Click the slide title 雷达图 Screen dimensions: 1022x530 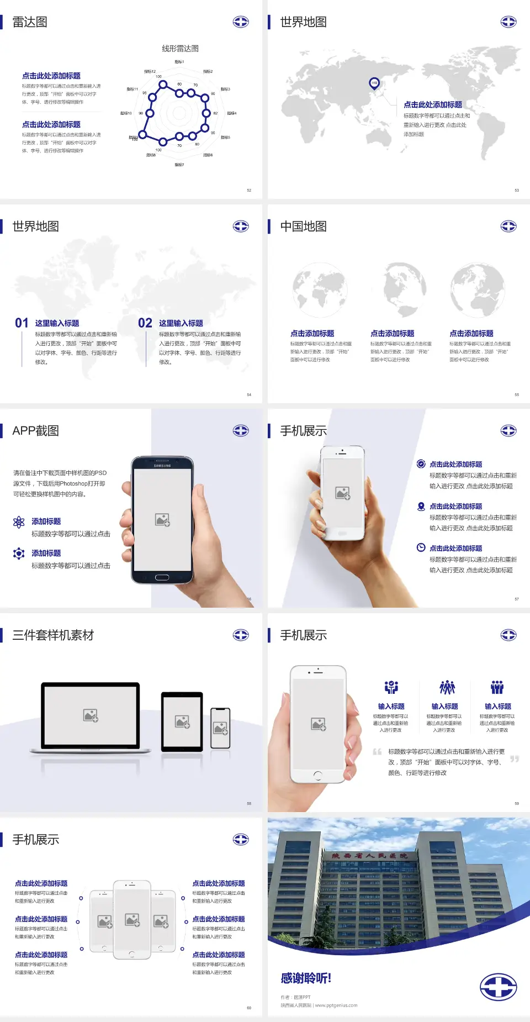click(30, 22)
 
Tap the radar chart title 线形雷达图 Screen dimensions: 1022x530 click(180, 49)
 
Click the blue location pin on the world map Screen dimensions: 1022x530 click(374, 83)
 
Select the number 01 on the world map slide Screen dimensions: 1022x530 click(22, 323)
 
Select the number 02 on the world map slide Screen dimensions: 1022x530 click(145, 323)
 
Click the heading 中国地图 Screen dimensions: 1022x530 click(303, 226)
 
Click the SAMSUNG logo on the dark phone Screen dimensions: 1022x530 click(162, 466)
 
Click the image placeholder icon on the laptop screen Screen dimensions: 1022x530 click(91, 715)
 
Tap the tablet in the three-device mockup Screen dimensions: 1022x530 click(182, 721)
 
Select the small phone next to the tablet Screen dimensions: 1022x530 click(220, 728)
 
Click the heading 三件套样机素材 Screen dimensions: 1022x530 click(53, 635)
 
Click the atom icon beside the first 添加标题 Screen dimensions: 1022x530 click(19, 522)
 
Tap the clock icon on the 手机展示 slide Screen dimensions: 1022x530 click(421, 547)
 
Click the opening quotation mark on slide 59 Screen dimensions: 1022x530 click(377, 752)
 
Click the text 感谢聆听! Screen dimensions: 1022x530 click(306, 978)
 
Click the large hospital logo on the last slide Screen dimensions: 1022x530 click(498, 987)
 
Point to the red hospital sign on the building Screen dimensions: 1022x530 click(369, 856)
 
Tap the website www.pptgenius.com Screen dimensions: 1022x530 click(336, 1005)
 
